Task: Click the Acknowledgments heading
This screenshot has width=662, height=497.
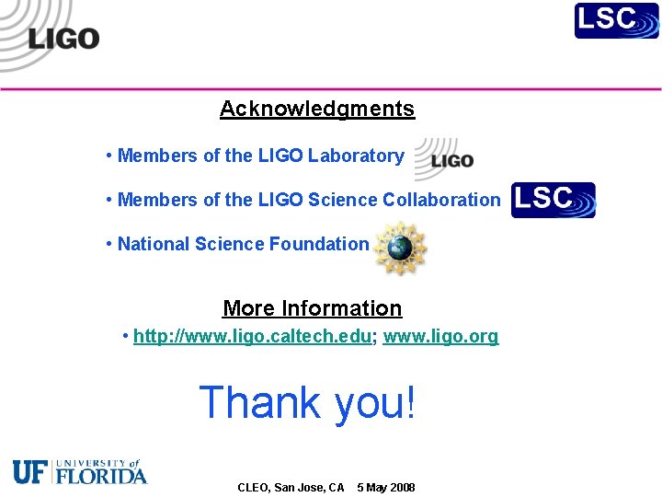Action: [x=317, y=109]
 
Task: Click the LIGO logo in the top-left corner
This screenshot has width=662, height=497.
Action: [x=55, y=37]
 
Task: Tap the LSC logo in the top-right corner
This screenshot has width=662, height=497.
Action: [x=617, y=20]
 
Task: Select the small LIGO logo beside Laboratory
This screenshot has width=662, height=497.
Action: [x=445, y=159]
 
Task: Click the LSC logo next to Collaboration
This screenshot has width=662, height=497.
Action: [x=554, y=200]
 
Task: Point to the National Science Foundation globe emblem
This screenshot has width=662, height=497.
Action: [x=400, y=246]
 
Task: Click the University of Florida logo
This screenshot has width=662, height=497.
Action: [x=80, y=471]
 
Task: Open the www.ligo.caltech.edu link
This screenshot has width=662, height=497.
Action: [x=253, y=336]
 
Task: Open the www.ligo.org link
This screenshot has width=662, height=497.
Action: [x=440, y=336]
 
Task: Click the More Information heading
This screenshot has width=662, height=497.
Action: [x=313, y=308]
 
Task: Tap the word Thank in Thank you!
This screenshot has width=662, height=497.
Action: [x=260, y=402]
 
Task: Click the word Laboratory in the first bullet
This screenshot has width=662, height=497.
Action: [x=356, y=156]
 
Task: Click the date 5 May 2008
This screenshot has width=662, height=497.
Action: [x=386, y=487]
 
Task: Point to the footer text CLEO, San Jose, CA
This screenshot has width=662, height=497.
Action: [x=291, y=487]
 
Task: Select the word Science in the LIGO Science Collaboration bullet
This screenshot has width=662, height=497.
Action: [x=343, y=200]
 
